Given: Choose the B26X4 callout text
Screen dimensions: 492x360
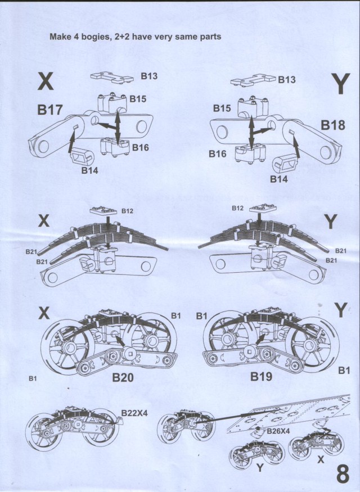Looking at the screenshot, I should click(x=279, y=431).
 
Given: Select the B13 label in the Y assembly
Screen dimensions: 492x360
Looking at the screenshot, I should click(x=287, y=80).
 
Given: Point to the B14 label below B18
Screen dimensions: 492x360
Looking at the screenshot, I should click(x=279, y=179).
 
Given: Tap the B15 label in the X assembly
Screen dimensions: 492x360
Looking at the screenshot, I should click(x=138, y=99).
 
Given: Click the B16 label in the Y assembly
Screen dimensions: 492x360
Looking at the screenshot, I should click(x=219, y=154).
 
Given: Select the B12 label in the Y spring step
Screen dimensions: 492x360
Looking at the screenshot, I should click(x=237, y=208).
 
